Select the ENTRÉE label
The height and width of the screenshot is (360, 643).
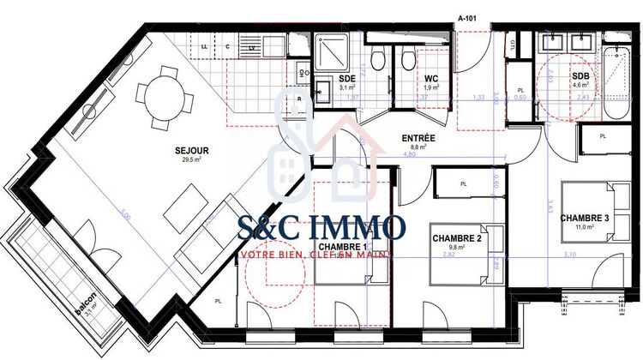[x=419, y=138]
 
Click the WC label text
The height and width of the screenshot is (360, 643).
[x=431, y=78]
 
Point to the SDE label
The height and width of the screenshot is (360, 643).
[x=323, y=78]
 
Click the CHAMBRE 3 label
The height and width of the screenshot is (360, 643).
[x=585, y=218]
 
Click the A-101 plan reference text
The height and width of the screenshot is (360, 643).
[x=468, y=16]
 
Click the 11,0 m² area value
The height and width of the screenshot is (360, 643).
[x=585, y=228]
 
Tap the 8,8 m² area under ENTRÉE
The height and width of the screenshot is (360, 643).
[x=419, y=147]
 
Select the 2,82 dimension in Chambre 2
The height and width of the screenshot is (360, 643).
[x=446, y=255]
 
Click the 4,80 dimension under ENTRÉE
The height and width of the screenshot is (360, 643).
[x=410, y=155]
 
